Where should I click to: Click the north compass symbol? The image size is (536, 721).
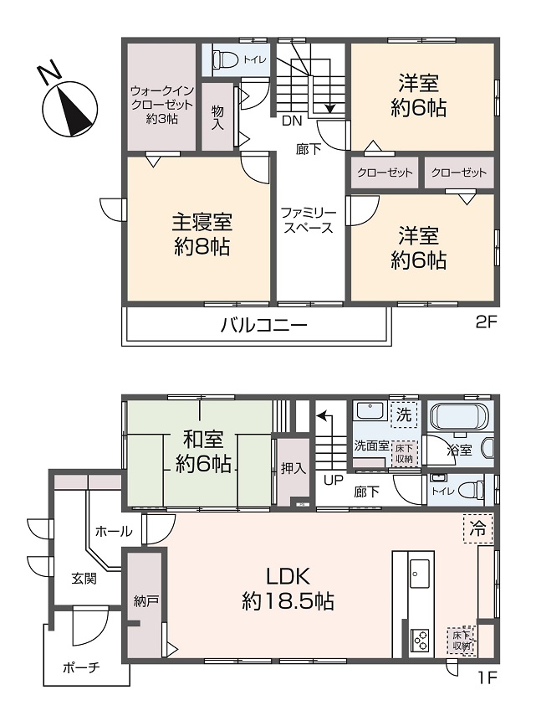[x=69, y=105]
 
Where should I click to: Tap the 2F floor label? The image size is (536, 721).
[x=486, y=322]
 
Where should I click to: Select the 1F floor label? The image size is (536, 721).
[x=486, y=677]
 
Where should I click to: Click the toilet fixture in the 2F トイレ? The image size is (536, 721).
[x=225, y=59]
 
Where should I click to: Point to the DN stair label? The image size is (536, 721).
[x=292, y=121]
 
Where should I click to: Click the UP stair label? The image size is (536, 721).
[x=334, y=481]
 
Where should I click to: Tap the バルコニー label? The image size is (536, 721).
[x=263, y=326]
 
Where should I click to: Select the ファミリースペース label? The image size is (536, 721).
[x=309, y=220]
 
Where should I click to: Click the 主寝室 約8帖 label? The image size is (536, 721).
[x=202, y=234]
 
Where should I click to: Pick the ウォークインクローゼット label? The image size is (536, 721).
[x=162, y=105]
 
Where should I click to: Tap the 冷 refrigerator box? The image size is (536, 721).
[x=477, y=528]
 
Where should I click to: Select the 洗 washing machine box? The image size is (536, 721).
[x=404, y=415]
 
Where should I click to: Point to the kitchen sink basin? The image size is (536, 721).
[x=419, y=573]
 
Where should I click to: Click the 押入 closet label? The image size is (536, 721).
[x=293, y=469]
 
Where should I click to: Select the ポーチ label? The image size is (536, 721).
[x=81, y=667]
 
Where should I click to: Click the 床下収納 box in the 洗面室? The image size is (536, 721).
[x=405, y=453]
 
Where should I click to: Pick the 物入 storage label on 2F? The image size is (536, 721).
[x=217, y=118]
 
